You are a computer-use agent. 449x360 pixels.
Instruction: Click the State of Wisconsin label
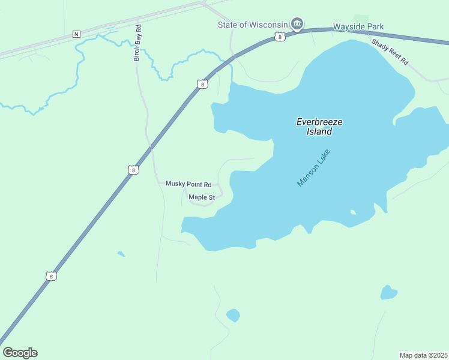[x=252, y=25]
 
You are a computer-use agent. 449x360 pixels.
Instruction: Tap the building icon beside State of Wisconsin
[x=296, y=24]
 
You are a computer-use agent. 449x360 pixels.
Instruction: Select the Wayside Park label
[x=358, y=26]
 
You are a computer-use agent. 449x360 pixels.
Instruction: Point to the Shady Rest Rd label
[x=390, y=52]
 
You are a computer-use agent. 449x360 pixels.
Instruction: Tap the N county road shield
[x=76, y=34]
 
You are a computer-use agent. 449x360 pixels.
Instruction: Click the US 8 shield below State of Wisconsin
[x=280, y=37]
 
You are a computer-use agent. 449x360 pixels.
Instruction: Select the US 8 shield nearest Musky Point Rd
[x=133, y=170]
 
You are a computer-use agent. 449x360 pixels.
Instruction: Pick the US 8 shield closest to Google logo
[x=51, y=277]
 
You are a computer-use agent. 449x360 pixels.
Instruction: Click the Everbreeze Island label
[x=319, y=126]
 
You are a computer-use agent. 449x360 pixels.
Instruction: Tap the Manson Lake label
[x=313, y=168]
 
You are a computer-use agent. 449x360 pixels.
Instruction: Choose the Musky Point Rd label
[x=188, y=184]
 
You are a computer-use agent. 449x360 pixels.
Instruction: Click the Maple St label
[x=202, y=197]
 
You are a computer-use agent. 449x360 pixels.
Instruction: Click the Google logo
[x=20, y=352]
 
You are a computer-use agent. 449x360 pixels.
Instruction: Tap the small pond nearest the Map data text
[x=388, y=293]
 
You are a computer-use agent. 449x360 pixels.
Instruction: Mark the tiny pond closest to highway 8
[x=121, y=254]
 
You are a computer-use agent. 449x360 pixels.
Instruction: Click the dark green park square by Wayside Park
[x=361, y=19]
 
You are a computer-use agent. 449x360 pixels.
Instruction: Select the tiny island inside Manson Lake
[x=353, y=212]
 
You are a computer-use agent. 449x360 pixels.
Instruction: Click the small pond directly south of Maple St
[x=233, y=315]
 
